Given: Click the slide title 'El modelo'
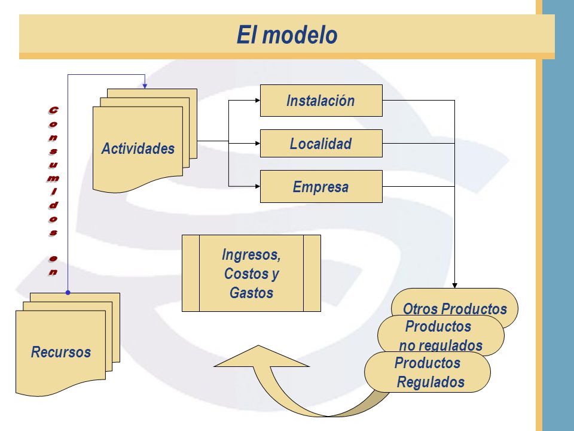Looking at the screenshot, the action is [x=287, y=35].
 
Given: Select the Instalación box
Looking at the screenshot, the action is [x=321, y=101].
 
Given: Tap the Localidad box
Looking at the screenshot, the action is [x=321, y=143].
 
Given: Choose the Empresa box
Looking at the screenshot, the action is [x=321, y=187].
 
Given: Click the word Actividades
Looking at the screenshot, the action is [x=138, y=148].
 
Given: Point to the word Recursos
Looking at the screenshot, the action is [x=61, y=352].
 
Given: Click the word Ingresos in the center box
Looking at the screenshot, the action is [x=251, y=254].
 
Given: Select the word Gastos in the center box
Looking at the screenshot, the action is [x=251, y=293].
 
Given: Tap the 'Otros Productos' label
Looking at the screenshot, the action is [x=454, y=309].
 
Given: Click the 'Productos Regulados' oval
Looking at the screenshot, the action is [x=427, y=372].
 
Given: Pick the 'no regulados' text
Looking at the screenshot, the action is [x=441, y=345].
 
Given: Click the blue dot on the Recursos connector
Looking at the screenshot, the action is [x=68, y=293].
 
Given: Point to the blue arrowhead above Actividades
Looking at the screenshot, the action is [x=145, y=86].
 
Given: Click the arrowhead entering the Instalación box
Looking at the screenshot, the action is [x=257, y=101].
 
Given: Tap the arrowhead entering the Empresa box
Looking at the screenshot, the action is [x=257, y=187].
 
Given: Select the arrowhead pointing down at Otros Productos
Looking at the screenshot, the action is [x=454, y=286].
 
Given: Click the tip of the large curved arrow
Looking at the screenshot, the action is [x=258, y=345].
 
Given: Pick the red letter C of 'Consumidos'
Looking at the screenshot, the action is [x=53, y=110].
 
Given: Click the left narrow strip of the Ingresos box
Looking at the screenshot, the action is [x=191, y=273].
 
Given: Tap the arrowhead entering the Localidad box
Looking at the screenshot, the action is [x=257, y=143].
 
